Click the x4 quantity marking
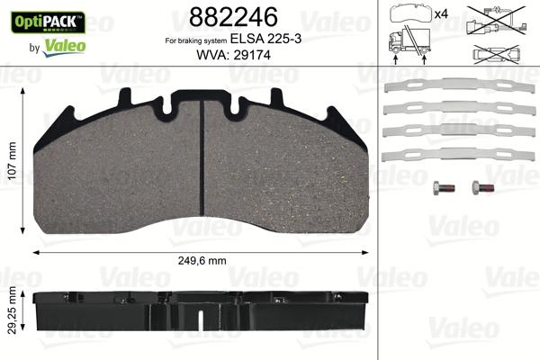point(442,15)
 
